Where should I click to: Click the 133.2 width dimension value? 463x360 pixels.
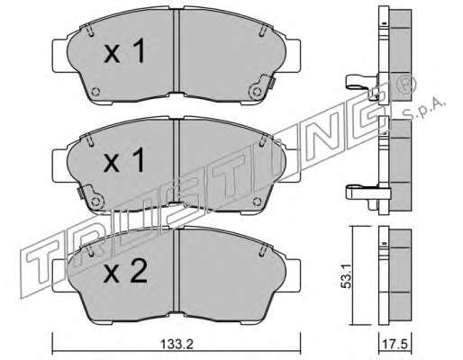pyautogui.click(x=177, y=345)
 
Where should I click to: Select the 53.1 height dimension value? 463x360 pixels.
pyautogui.click(x=346, y=276)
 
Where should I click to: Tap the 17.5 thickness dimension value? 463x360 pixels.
pyautogui.click(x=395, y=345)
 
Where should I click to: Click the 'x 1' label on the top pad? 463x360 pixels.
pyautogui.click(x=124, y=51)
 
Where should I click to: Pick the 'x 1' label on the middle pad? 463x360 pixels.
pyautogui.click(x=123, y=161)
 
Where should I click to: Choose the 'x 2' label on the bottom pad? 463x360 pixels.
pyautogui.click(x=125, y=271)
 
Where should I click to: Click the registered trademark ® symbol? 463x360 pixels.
pyautogui.click(x=406, y=85)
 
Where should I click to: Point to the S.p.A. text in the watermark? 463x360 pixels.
pyautogui.click(x=423, y=110)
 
